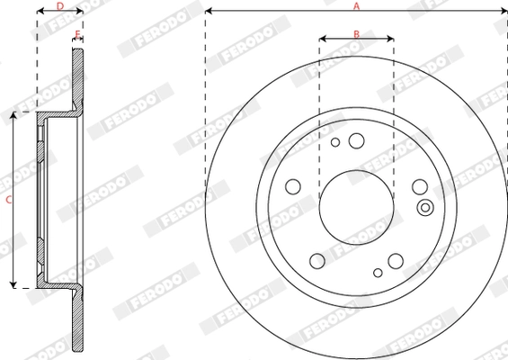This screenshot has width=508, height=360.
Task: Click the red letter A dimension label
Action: (x=356, y=6)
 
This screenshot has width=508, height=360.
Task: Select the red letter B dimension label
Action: (x=356, y=33)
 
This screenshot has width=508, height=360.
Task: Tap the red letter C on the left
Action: (x=7, y=201)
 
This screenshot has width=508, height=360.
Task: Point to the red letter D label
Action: (x=59, y=6)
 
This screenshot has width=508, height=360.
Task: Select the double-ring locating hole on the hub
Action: (x=425, y=209)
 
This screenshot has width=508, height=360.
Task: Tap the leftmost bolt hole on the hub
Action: (x=292, y=186)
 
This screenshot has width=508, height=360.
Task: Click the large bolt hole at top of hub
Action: (x=356, y=140)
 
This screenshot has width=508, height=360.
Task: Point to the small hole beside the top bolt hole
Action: (x=335, y=142)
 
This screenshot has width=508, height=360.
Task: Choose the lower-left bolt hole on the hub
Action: (x=316, y=261)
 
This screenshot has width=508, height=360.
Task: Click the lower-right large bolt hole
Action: (x=396, y=261)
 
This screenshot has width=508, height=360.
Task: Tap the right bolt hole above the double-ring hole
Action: (x=420, y=186)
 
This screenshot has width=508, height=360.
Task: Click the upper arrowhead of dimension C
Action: (x=13, y=116)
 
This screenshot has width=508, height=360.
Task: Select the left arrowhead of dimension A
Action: (x=209, y=12)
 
